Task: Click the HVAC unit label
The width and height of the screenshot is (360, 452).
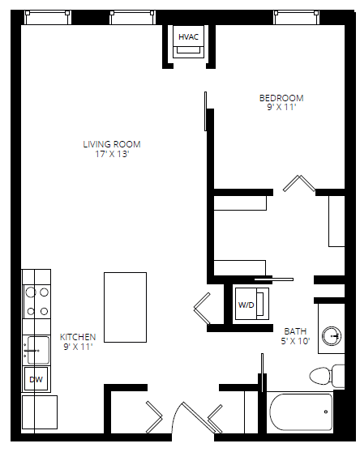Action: tap(189, 37)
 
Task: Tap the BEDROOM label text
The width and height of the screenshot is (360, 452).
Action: tap(281, 98)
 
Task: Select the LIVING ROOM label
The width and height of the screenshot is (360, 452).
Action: tap(112, 144)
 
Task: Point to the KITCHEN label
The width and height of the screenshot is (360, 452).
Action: tap(78, 337)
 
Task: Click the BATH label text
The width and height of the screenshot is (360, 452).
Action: tap(295, 330)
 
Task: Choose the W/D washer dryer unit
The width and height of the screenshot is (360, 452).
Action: tap(246, 305)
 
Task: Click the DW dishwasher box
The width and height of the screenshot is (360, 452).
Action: tap(36, 379)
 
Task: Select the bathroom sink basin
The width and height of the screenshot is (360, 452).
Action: tap(332, 335)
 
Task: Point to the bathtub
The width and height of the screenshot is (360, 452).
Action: tap(300, 412)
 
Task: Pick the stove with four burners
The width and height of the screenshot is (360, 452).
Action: tap(36, 301)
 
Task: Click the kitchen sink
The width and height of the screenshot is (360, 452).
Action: tap(36, 349)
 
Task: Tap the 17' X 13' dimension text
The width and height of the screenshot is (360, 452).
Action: tap(112, 154)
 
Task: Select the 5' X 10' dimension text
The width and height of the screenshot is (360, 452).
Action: tap(295, 340)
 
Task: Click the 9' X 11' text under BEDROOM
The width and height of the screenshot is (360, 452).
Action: tap(281, 107)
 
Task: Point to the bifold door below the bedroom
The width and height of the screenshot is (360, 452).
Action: tap(299, 184)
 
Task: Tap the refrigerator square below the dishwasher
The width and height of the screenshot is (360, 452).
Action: tap(39, 411)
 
